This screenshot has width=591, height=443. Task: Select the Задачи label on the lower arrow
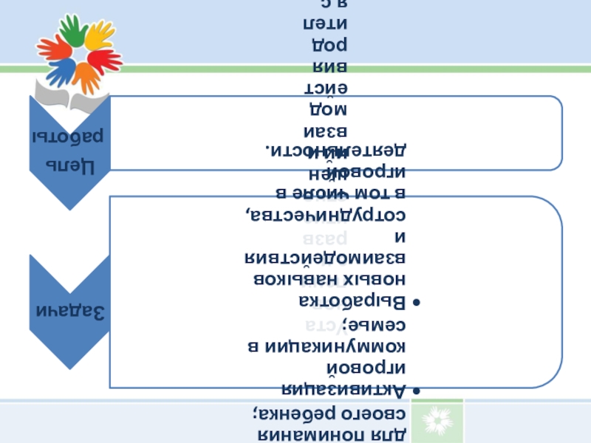(x=72, y=311)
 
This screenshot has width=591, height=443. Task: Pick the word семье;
(x=380, y=325)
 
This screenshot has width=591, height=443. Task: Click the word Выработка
(x=353, y=303)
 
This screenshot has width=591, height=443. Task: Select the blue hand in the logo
(x=61, y=72)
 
